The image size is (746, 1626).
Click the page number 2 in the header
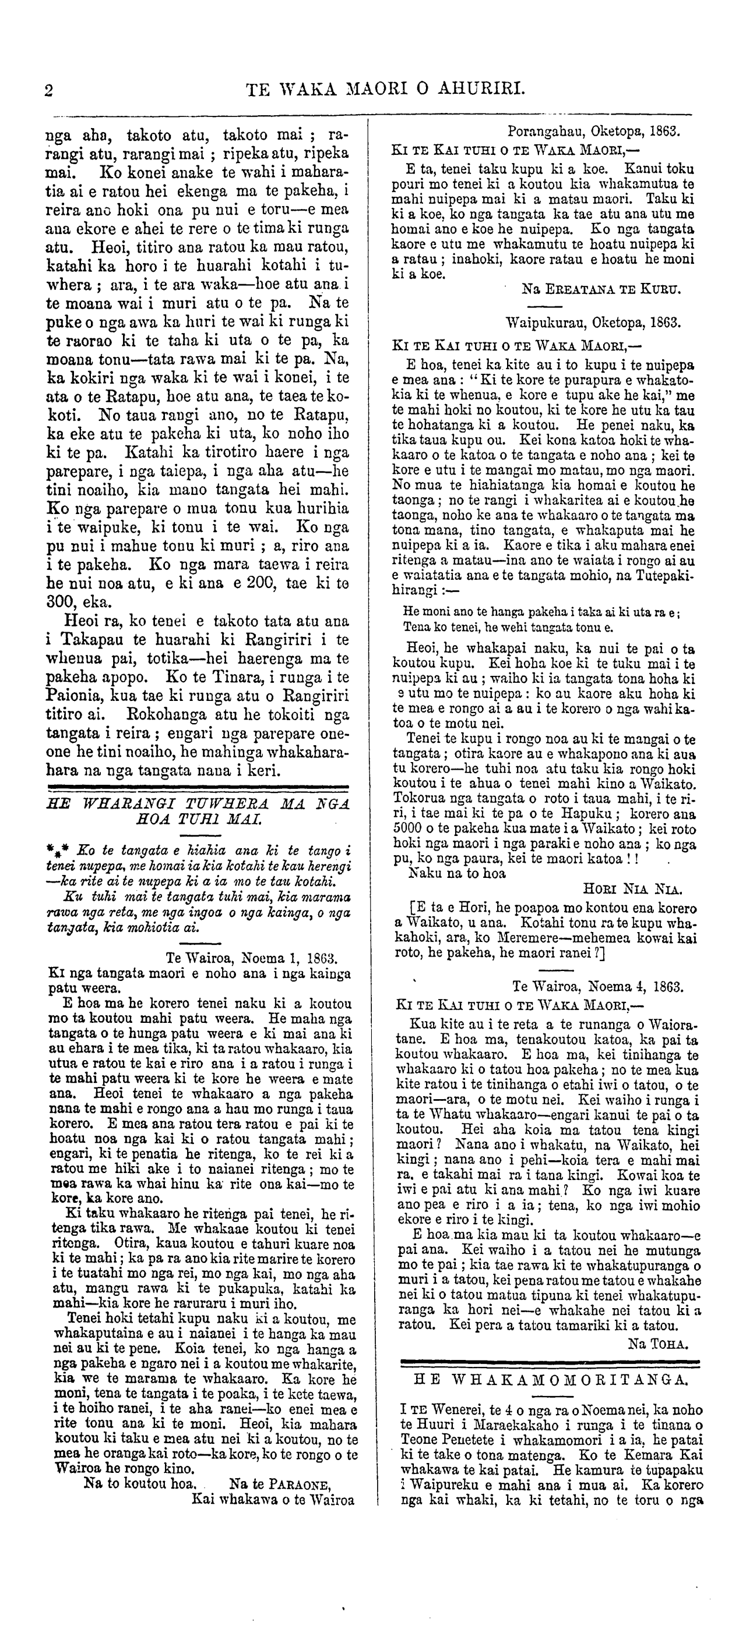pos(48,90)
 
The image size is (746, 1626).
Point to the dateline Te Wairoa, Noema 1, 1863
pos(252,956)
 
